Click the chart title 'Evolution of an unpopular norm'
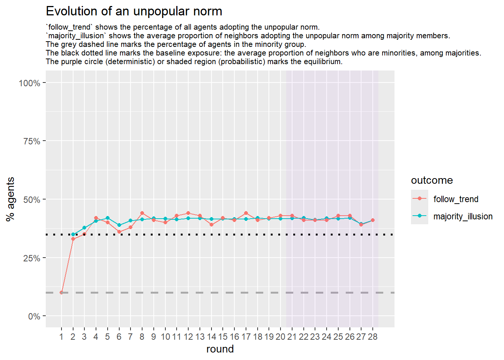pos(134,11)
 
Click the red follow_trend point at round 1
pos(61,292)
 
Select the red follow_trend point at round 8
pos(142,213)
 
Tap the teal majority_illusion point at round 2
pos(73,234)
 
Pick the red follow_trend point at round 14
pos(211,225)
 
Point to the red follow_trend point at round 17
pos(246,213)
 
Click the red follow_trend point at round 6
pos(119,232)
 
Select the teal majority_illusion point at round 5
pos(108,218)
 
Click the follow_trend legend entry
pos(456,199)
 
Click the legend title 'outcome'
pos(432,180)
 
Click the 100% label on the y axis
pos(30,83)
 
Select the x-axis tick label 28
pos(372,337)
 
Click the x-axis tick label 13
pos(200,337)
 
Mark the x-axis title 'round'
pos(220,349)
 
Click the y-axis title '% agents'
pos(10,199)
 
